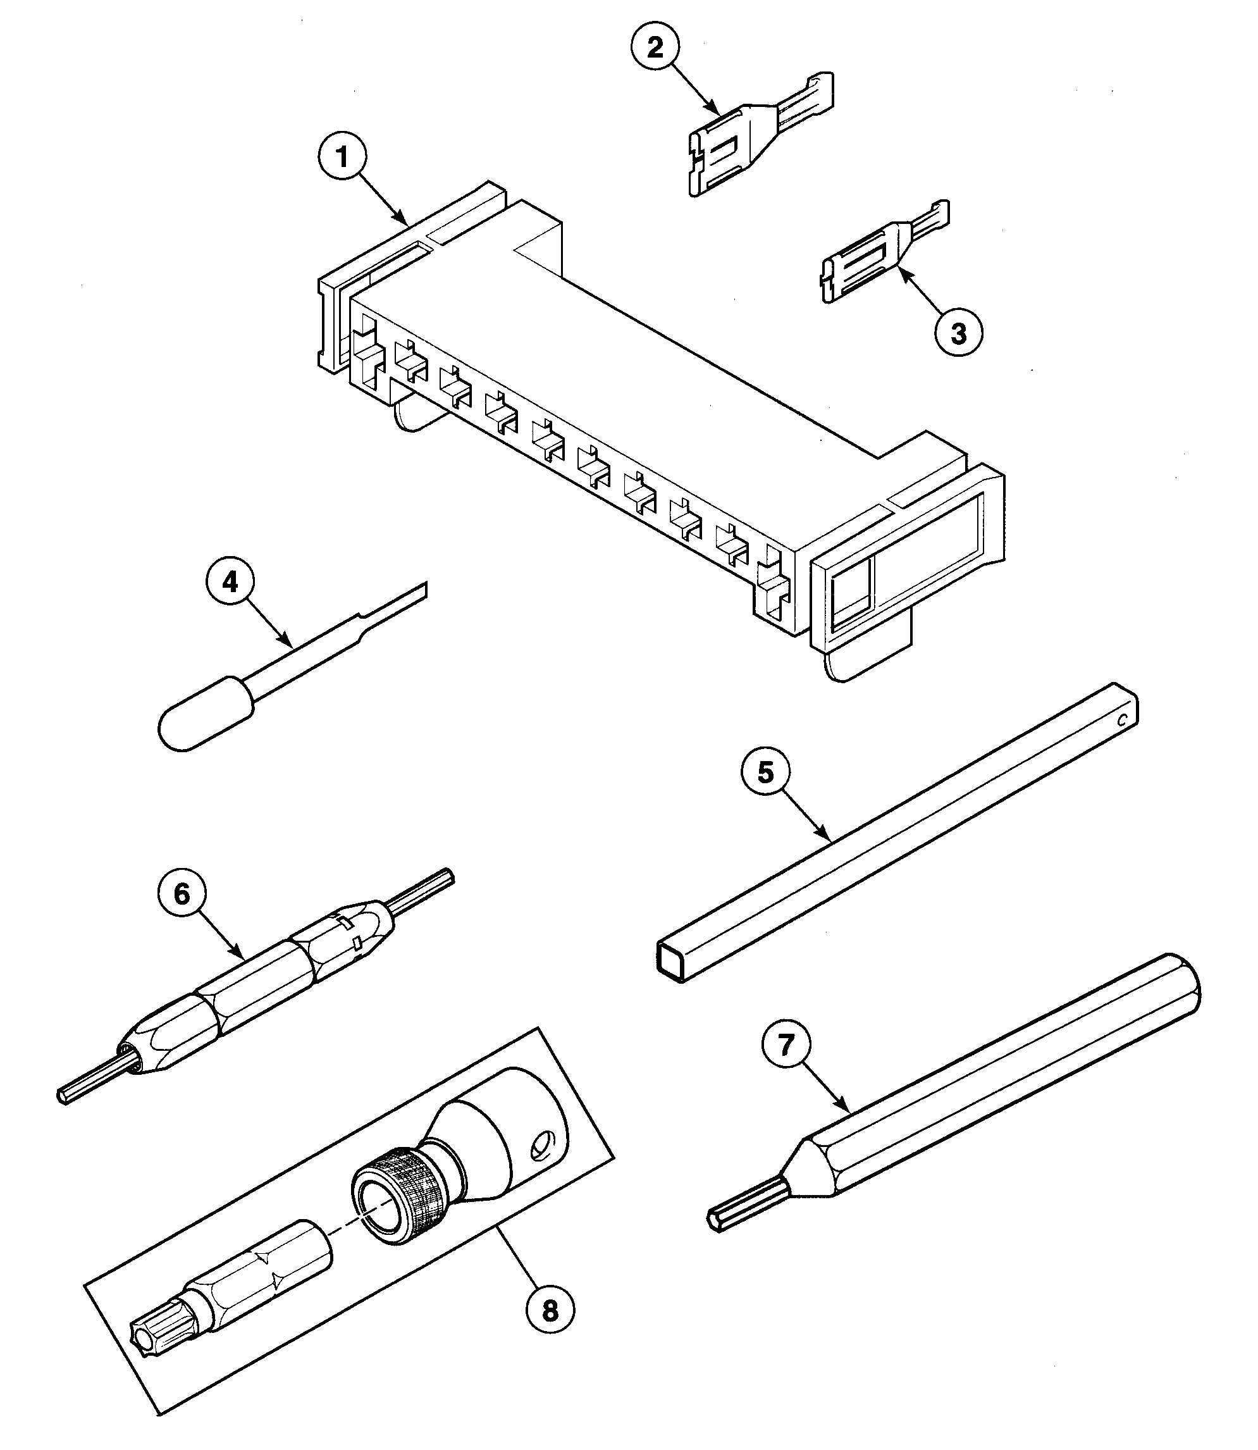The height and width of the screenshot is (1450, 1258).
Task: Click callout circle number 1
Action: tap(343, 158)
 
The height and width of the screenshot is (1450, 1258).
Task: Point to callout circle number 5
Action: tap(765, 772)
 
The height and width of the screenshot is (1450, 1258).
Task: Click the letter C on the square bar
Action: tap(1122, 720)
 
